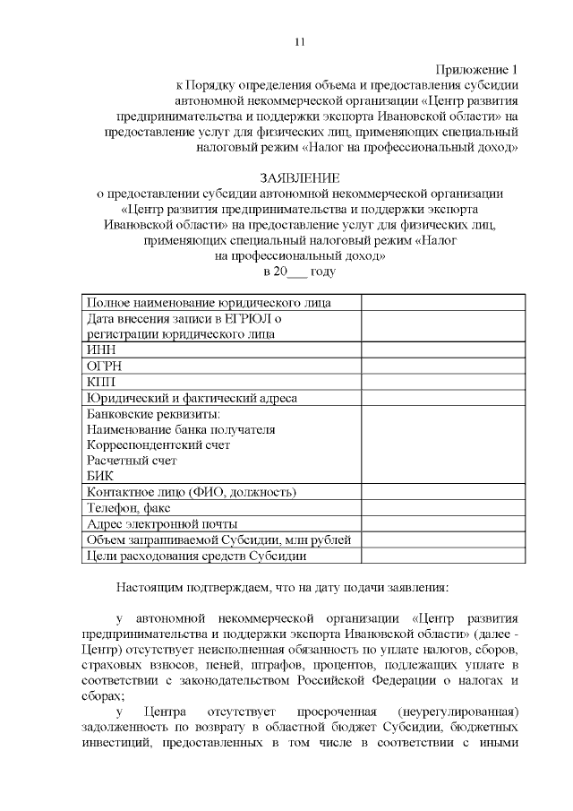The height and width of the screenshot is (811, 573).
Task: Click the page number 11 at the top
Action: coord(300,42)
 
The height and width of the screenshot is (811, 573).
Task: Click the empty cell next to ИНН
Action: coord(442,350)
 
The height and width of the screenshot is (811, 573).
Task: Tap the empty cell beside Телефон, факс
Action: coord(442,507)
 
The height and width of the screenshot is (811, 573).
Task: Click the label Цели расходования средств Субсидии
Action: coord(196,556)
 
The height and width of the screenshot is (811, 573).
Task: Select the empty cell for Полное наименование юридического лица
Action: coord(442,302)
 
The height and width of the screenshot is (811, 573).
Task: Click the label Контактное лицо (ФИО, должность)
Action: coord(191,492)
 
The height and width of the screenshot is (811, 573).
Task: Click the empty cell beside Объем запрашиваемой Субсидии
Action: coord(442,539)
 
